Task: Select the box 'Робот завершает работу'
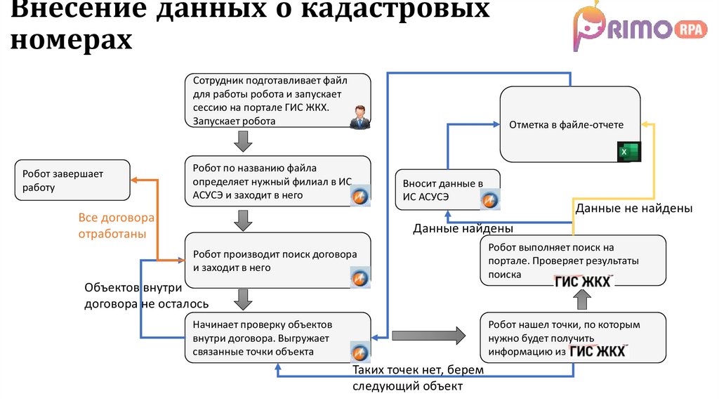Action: click(x=72, y=181)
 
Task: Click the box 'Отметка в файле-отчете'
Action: click(x=569, y=124)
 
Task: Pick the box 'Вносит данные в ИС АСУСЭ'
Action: click(x=447, y=190)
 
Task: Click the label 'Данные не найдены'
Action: click(x=634, y=209)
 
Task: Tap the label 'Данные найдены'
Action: click(x=463, y=229)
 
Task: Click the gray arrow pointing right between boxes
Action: click(x=428, y=336)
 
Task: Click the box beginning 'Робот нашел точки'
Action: click(x=573, y=338)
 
